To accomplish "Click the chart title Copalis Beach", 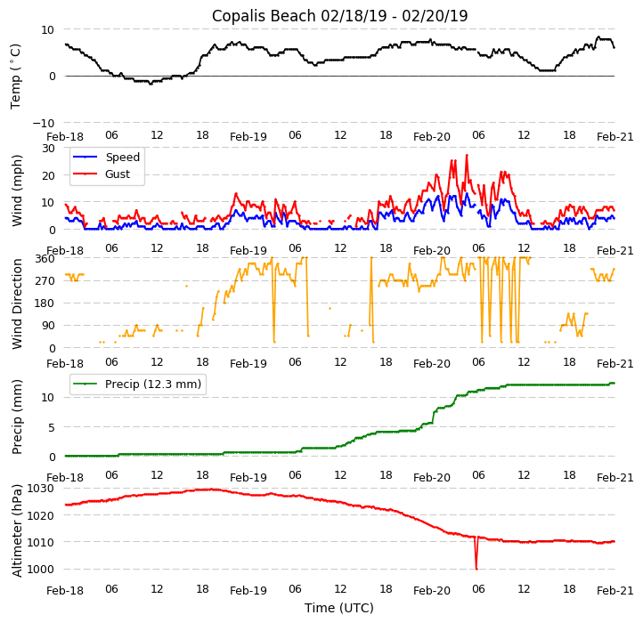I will (339, 16).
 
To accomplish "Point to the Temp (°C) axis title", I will (16, 76).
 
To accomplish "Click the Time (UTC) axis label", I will (339, 608).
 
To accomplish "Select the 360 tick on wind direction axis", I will (45, 258).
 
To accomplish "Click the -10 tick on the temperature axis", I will (45, 123).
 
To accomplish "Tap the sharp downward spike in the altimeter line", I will (476, 568).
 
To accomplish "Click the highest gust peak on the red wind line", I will (467, 156).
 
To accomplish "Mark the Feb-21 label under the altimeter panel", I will (615, 590).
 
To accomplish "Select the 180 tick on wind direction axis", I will (45, 303).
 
